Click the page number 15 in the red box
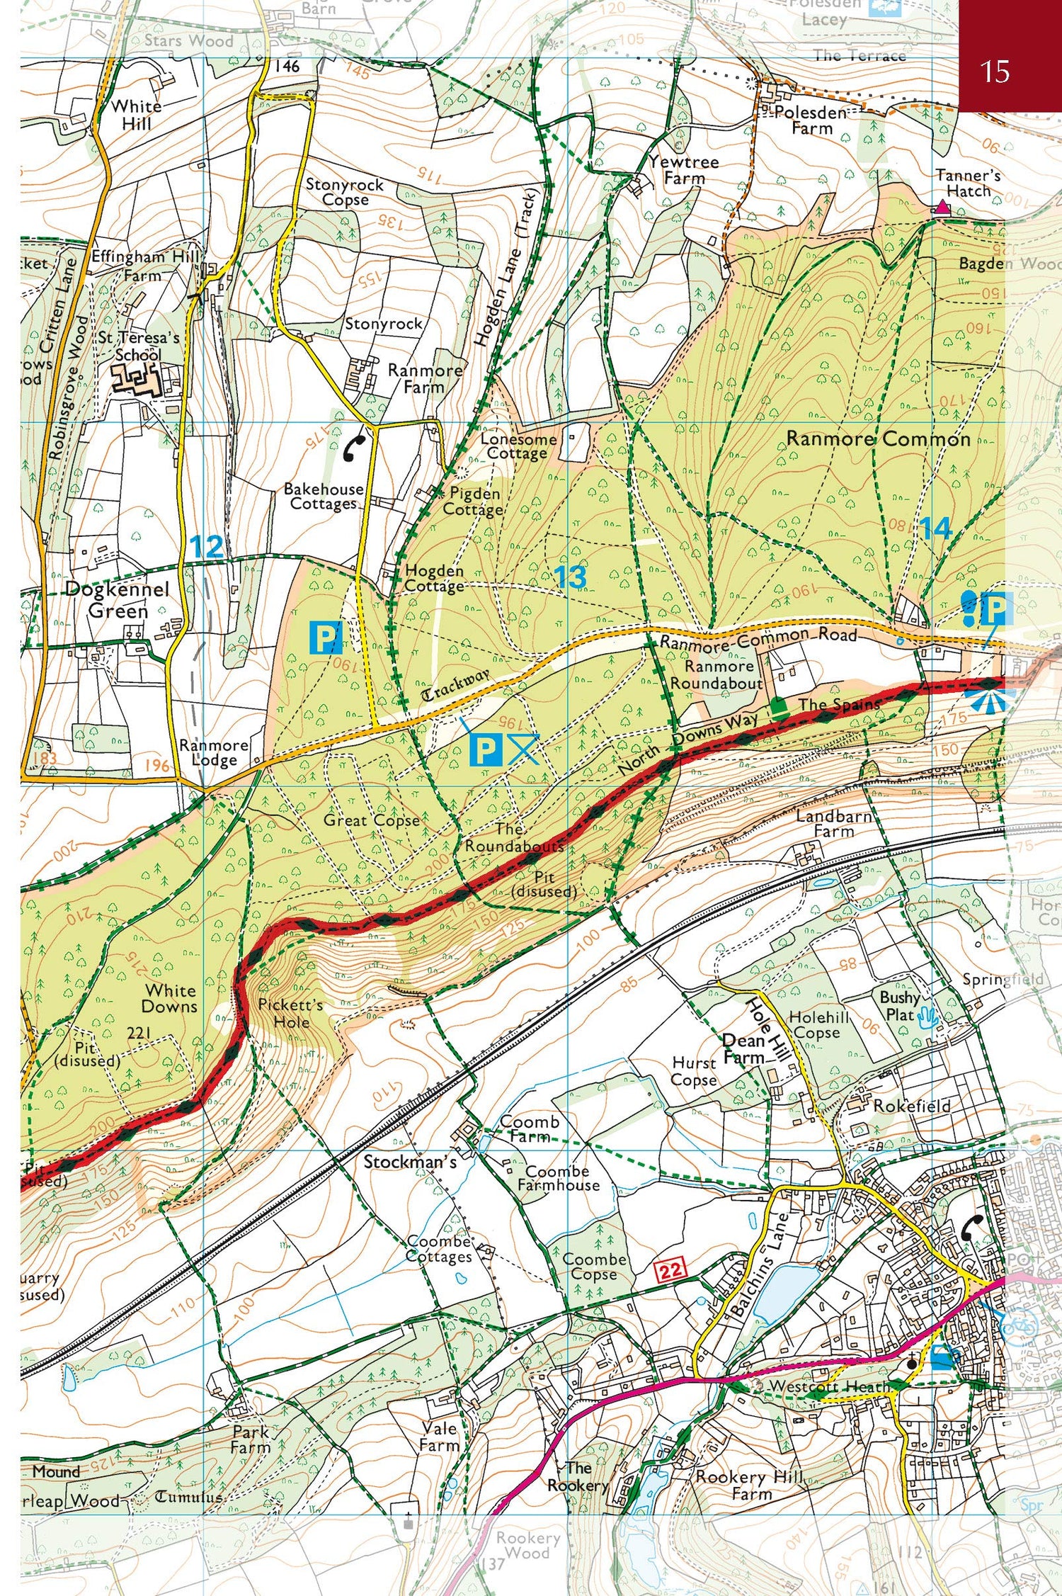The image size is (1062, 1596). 994,72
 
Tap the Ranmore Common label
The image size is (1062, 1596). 878,438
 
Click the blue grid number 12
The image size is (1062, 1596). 206,547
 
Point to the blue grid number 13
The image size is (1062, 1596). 570,577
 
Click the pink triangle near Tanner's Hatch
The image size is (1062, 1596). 942,208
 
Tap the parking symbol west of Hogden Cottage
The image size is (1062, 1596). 326,638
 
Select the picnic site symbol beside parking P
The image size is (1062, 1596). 524,749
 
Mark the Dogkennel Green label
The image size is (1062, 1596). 117,599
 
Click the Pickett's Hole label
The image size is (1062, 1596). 290,1013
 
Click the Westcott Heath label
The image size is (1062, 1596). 828,1386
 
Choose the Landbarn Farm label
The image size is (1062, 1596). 833,823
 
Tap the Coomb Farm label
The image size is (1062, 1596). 529,1128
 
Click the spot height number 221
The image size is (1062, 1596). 139,1033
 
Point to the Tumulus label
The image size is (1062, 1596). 188,1497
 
